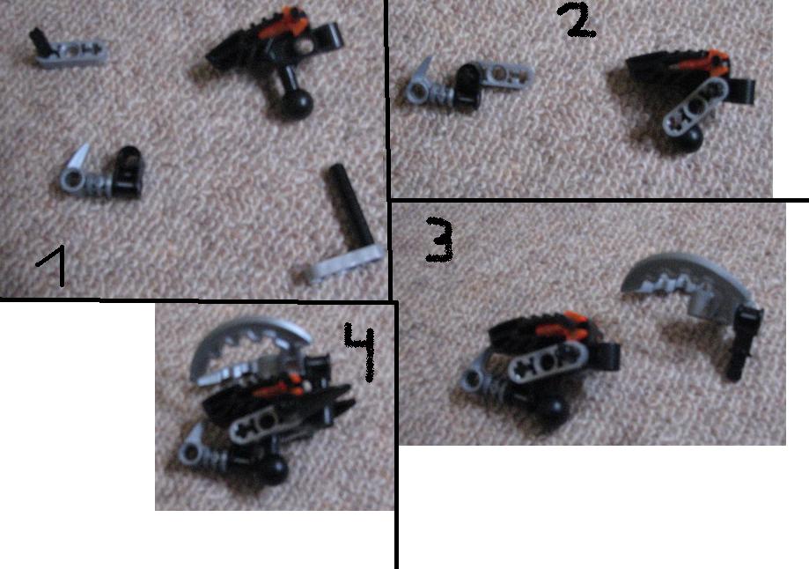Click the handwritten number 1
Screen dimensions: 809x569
[x=55, y=265]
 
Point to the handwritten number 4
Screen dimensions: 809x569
[x=361, y=351]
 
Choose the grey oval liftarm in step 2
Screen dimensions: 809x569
[x=694, y=107]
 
